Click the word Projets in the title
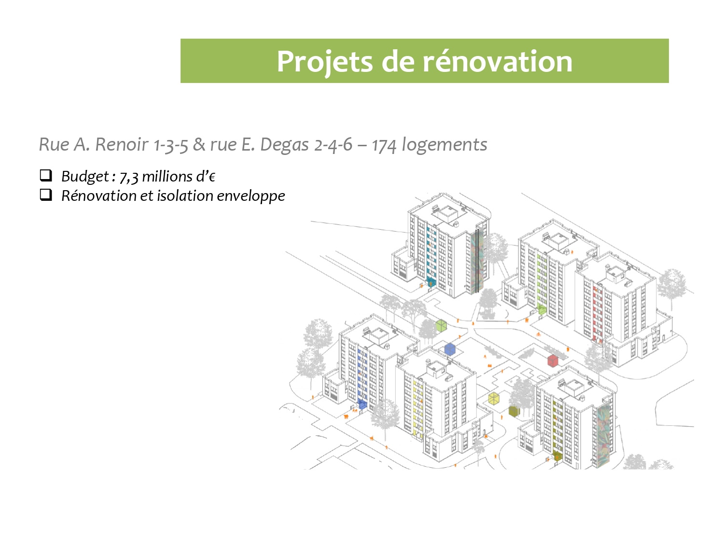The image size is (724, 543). pyautogui.click(x=324, y=62)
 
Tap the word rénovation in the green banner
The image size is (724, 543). pyautogui.click(x=498, y=61)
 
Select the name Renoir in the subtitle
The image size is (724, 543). pyautogui.click(x=122, y=144)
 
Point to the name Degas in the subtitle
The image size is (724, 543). pyautogui.click(x=284, y=145)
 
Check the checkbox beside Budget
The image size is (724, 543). pyautogui.click(x=46, y=175)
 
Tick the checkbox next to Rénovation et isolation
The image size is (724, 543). pyautogui.click(x=46, y=195)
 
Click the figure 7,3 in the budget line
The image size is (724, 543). pyautogui.click(x=129, y=177)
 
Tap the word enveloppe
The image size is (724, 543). pyautogui.click(x=251, y=196)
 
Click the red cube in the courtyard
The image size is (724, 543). pyautogui.click(x=553, y=361)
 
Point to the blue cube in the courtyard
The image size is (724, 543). pyautogui.click(x=450, y=349)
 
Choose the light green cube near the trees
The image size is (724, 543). pyautogui.click(x=441, y=325)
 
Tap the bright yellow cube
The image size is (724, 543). pyautogui.click(x=494, y=399)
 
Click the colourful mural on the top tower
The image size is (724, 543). pyautogui.click(x=477, y=261)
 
